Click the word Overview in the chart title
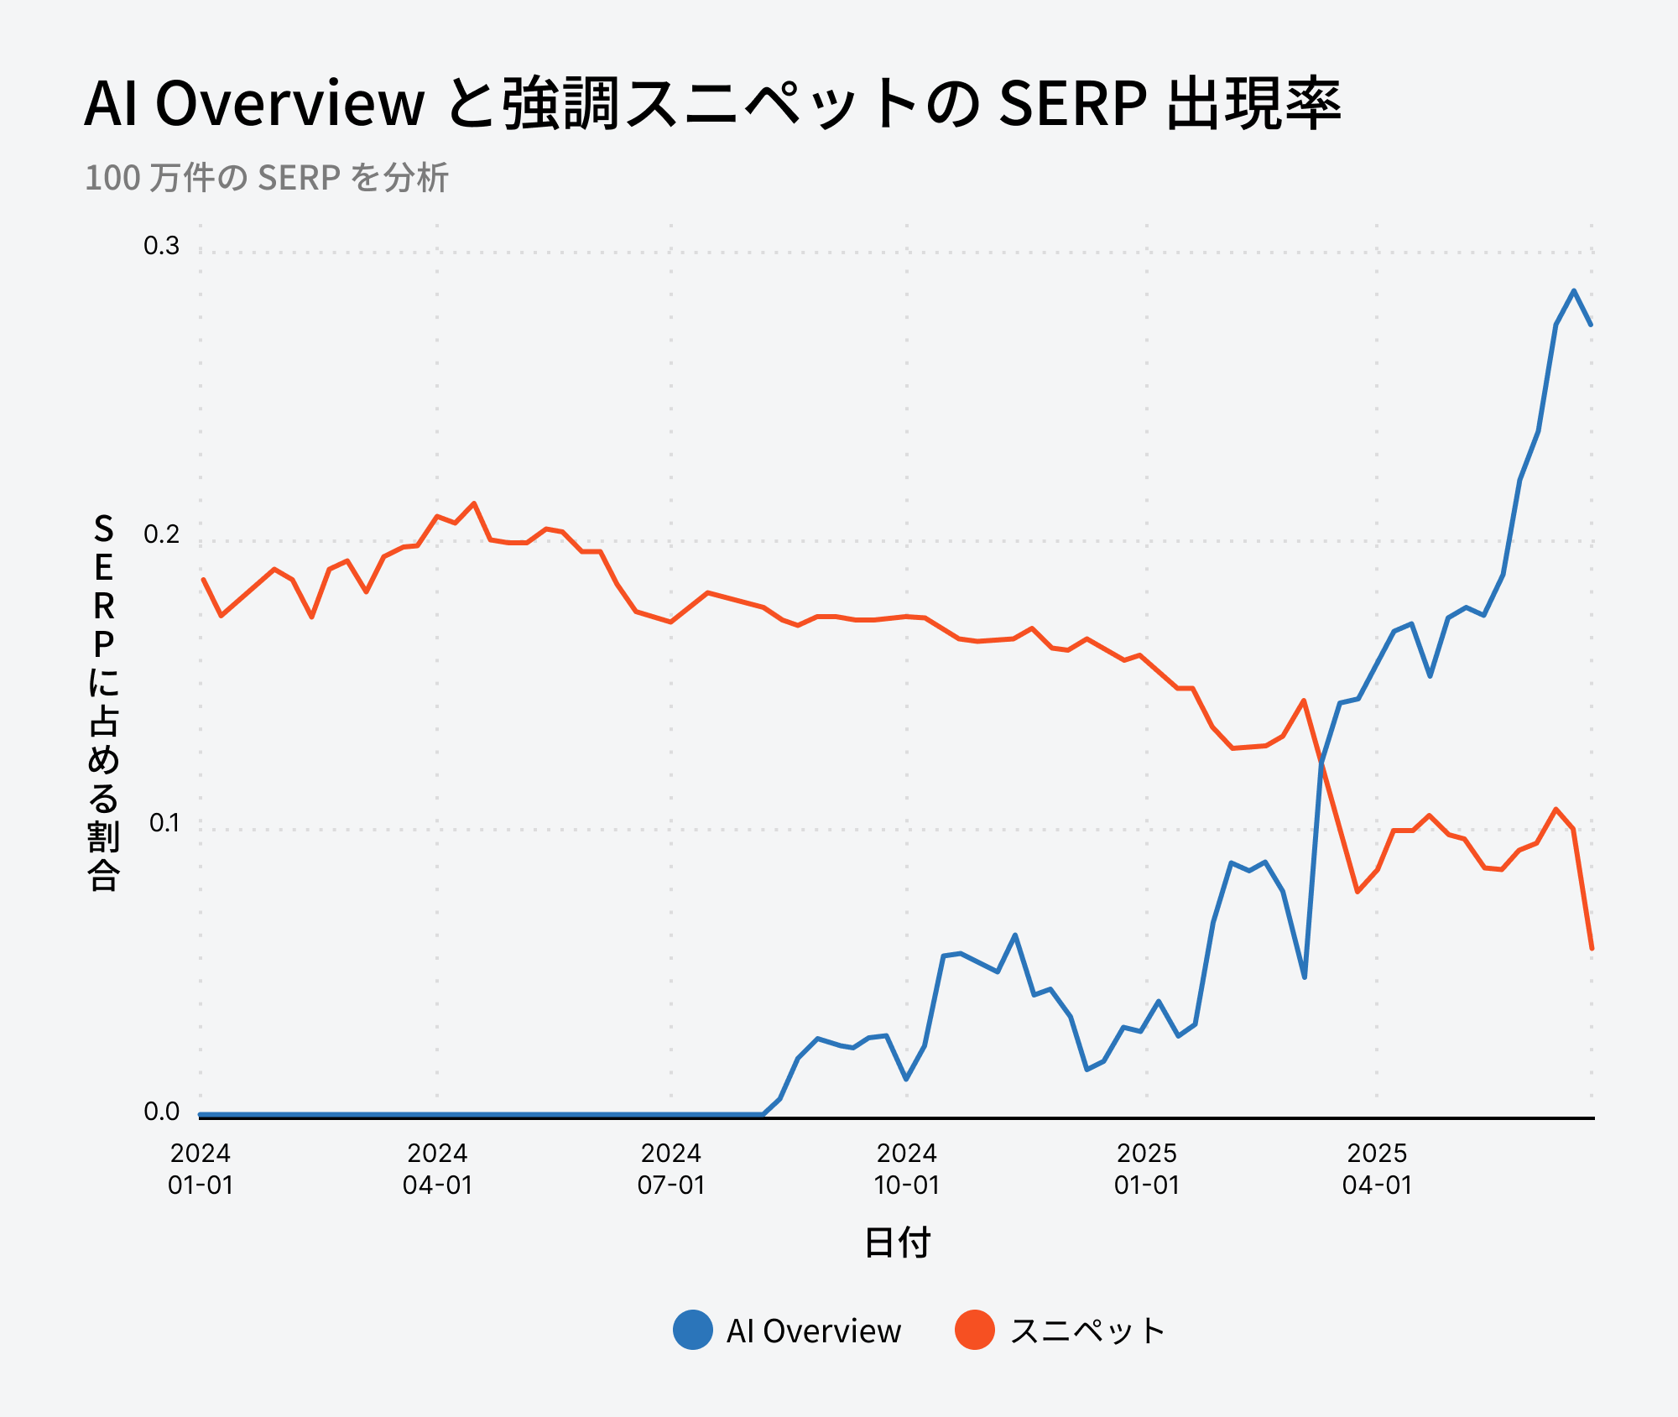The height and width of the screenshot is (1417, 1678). (x=289, y=104)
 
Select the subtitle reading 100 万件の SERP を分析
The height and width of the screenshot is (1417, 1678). (x=267, y=178)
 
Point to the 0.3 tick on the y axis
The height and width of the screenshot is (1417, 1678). (x=161, y=246)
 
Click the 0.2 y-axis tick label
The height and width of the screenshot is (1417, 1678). (x=161, y=534)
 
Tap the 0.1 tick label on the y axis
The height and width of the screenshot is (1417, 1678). (x=164, y=823)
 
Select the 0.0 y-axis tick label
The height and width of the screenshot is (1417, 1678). (x=161, y=1112)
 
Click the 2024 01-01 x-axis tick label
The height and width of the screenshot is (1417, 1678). (x=201, y=1169)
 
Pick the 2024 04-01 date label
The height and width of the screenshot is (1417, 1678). (x=437, y=1169)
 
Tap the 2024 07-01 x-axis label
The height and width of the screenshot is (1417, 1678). (x=671, y=1169)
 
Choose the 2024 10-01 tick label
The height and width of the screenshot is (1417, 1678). (x=907, y=1169)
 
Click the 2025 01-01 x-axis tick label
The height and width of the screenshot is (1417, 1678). (x=1147, y=1169)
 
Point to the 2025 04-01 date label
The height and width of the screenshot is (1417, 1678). (x=1377, y=1169)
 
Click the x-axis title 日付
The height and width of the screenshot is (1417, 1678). (x=897, y=1242)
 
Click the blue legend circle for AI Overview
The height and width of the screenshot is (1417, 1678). (x=693, y=1330)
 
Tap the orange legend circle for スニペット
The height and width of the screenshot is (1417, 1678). (x=975, y=1330)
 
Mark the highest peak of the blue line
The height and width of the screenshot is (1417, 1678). (x=1574, y=291)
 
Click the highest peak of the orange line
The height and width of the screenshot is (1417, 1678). (x=474, y=503)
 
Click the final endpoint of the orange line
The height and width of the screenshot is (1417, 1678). (x=1592, y=948)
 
